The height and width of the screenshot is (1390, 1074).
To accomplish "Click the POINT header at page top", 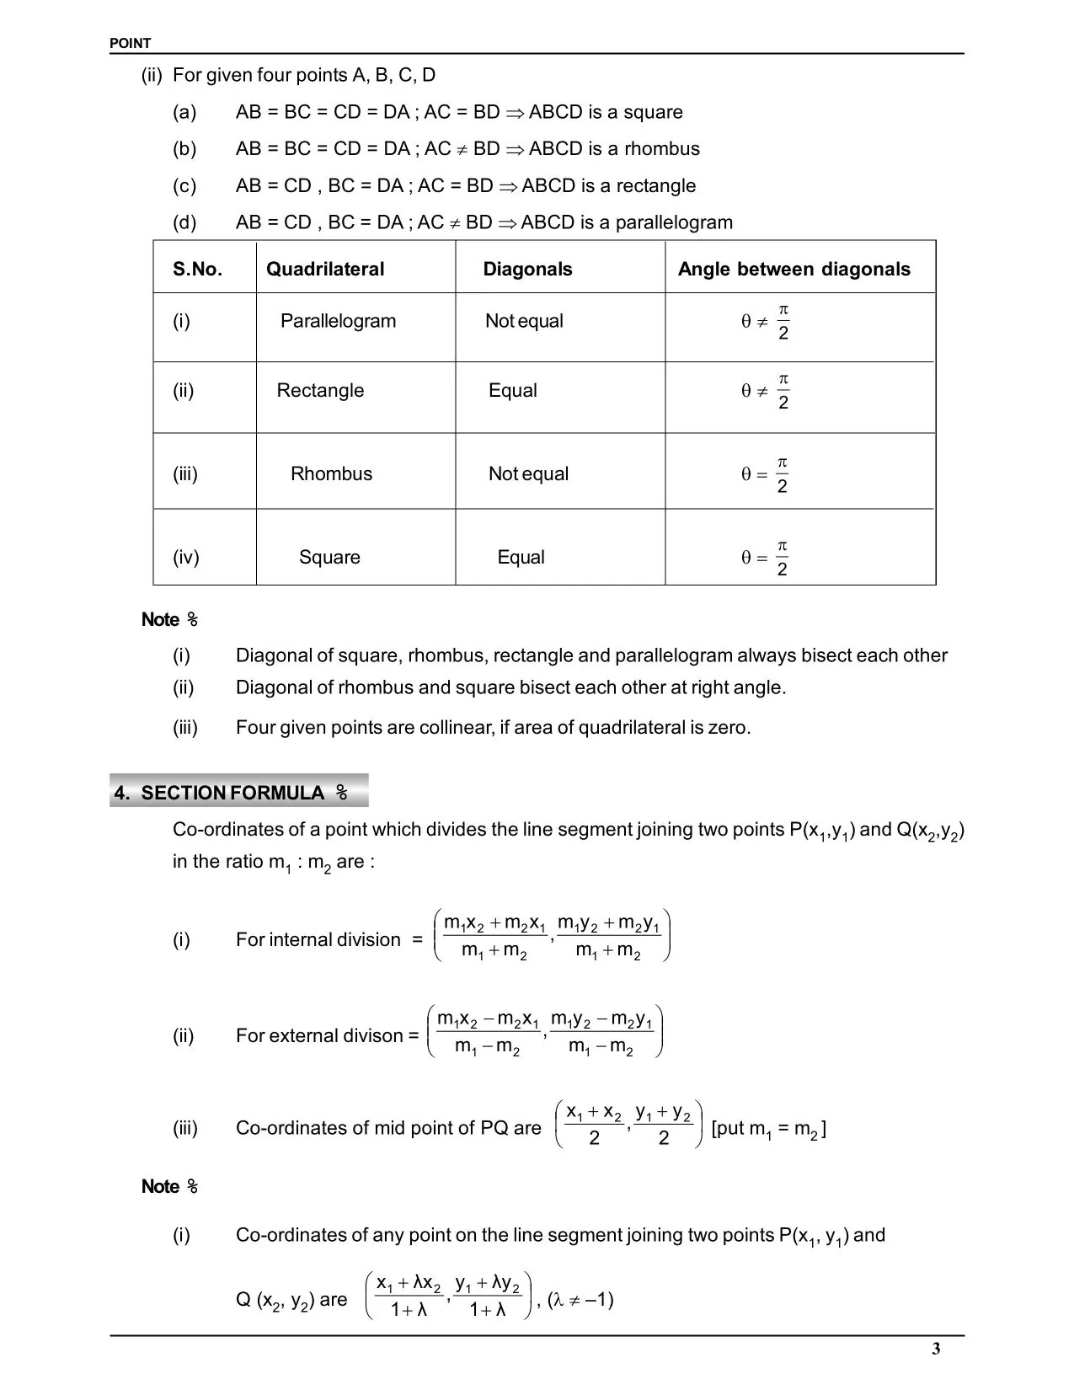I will [x=131, y=44].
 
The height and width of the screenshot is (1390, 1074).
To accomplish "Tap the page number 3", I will [x=936, y=1349].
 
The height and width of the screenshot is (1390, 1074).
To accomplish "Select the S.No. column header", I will [x=198, y=270].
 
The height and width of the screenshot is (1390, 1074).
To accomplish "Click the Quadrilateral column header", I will [x=325, y=270].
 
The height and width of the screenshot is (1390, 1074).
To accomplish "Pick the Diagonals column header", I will [x=527, y=270].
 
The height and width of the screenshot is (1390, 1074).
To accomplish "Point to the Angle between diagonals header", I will [x=793, y=270].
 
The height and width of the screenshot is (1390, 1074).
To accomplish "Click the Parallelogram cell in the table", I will [x=338, y=321].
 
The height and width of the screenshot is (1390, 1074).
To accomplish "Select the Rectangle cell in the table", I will [x=320, y=391].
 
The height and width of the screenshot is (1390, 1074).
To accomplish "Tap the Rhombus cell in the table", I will [x=331, y=474].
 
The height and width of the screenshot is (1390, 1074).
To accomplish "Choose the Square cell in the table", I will [x=329, y=558].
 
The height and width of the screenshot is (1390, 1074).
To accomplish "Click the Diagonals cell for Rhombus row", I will [x=528, y=474].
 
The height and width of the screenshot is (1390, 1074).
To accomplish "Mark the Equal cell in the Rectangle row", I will [x=512, y=391].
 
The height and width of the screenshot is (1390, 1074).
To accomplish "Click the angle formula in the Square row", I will [x=766, y=558].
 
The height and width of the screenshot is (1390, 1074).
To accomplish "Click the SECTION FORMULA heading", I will [x=232, y=793].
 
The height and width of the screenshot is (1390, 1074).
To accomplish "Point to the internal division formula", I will [x=552, y=935].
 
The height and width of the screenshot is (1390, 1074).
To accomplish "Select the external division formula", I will [x=545, y=1031].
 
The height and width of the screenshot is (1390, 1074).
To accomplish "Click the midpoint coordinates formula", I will [x=628, y=1125].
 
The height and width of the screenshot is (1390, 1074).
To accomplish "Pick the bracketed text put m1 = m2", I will [x=768, y=1129].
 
